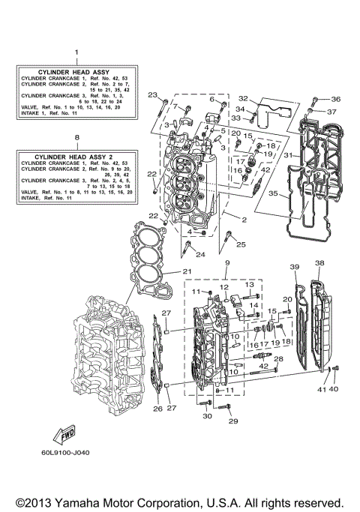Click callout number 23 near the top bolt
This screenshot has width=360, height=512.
pos(152,95)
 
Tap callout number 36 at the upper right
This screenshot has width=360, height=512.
pos(335,99)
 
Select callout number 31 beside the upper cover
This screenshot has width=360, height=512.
pos(288,155)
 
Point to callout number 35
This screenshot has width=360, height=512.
pos(274,193)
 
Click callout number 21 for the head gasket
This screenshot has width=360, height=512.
pos(187,271)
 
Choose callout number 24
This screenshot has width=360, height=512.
pos(201,255)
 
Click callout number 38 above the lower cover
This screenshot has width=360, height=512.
pos(319,263)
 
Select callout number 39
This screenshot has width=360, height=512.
pos(294,267)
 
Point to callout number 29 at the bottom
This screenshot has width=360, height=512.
pos(233,422)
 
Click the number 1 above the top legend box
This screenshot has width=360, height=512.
pos(76,52)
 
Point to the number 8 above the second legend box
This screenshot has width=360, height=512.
pos(76,138)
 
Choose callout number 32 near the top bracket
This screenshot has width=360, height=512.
pos(243,98)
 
